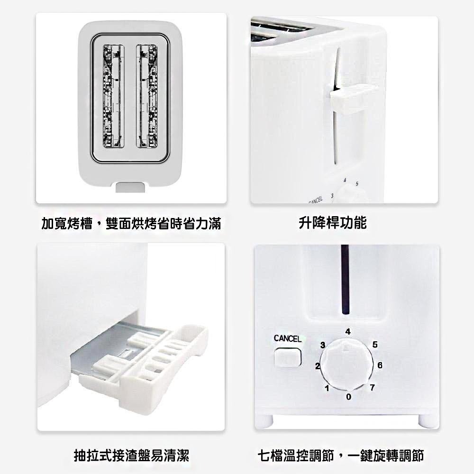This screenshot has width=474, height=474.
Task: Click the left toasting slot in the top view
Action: click(114, 96)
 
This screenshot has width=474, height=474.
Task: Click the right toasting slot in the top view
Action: click(147, 96)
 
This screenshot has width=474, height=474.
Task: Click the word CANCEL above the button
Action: click(288, 338)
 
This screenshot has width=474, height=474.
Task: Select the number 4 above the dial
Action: click(348, 332)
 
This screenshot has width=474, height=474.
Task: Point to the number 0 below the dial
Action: click(348, 397)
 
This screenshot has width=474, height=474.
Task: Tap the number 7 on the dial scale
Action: click(372, 387)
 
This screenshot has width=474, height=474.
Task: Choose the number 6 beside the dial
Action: click(380, 365)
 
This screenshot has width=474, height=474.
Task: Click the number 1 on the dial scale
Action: click(327, 388)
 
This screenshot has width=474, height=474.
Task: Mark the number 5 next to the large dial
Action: click(375, 344)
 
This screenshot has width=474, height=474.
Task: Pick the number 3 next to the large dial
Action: click(323, 345)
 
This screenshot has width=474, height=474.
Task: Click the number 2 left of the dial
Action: click(317, 366)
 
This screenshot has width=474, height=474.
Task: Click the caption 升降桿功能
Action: click(333, 223)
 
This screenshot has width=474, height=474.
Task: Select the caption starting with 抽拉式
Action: click(131, 455)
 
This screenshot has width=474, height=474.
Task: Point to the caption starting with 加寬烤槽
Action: click(131, 223)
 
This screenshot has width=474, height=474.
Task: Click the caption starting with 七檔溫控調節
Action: click(341, 455)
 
